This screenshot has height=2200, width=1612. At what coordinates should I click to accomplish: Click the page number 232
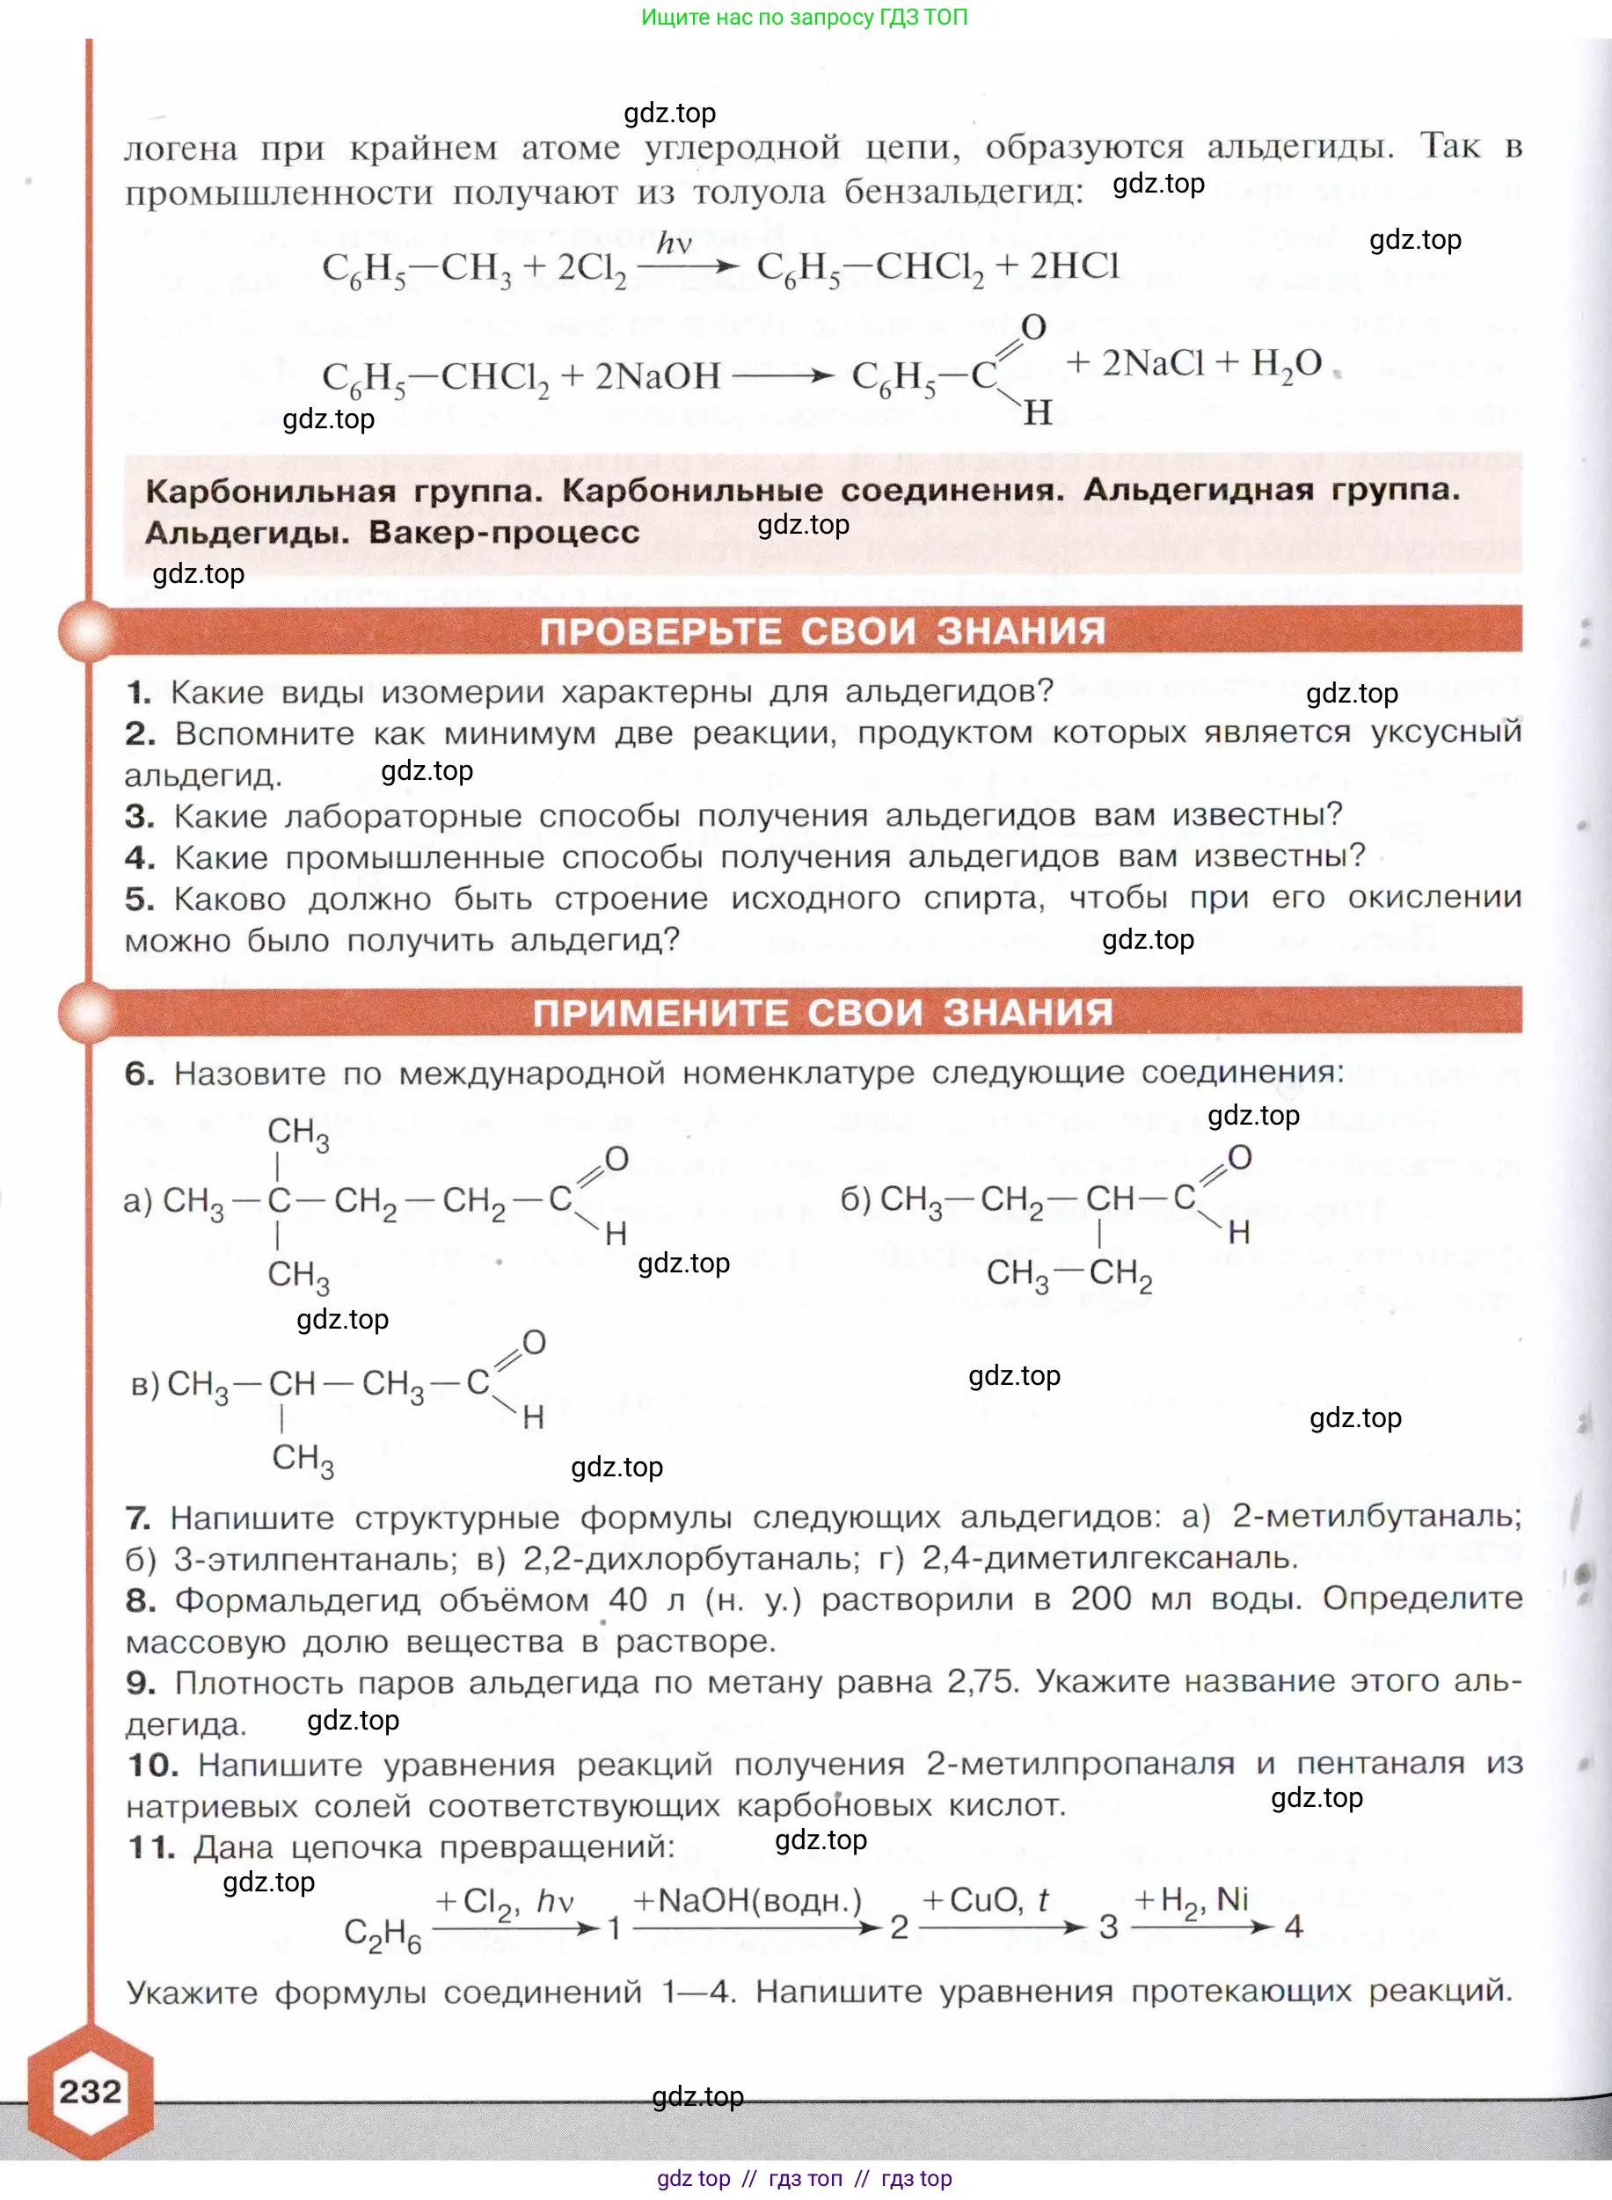tap(90, 2091)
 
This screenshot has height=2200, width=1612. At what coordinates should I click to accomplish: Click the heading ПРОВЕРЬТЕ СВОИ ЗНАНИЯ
tap(822, 631)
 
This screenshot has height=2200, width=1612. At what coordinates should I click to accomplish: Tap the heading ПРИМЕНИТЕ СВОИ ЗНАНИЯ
tap(822, 1013)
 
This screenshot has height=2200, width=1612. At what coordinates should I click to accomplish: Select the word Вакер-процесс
tap(504, 533)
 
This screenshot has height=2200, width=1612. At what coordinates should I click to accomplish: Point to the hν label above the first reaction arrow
tap(674, 243)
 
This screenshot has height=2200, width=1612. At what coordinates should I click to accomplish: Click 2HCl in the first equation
tap(1075, 266)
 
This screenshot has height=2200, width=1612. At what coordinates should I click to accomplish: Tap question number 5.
tap(140, 899)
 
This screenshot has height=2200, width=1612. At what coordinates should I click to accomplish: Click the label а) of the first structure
tap(137, 1200)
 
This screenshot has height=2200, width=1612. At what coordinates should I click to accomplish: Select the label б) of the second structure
tap(856, 1198)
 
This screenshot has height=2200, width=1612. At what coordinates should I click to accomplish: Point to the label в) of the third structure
tap(144, 1383)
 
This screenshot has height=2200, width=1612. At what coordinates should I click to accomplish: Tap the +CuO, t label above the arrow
tap(999, 1899)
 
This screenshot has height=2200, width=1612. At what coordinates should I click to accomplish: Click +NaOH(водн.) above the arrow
tap(748, 1899)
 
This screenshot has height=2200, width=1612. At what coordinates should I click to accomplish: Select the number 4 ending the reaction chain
tap(1294, 1926)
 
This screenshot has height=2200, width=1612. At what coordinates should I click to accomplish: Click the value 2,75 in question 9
tap(981, 1681)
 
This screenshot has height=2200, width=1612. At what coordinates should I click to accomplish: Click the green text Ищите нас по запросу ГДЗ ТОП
tap(804, 17)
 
